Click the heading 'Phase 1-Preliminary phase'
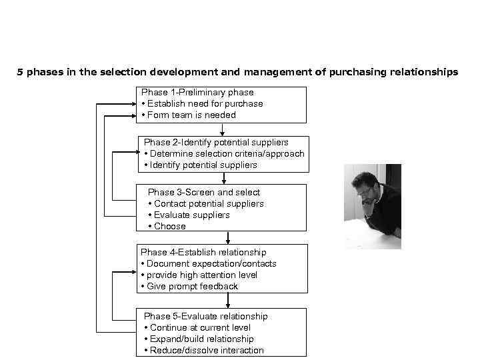pos(197,93)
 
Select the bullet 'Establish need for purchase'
pos(205,104)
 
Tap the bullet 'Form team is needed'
pos(191,115)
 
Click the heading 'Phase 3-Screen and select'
pos(204,193)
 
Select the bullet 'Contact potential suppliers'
pos(209,204)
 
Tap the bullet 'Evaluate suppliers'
pos(191,215)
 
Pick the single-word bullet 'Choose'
pos(170,227)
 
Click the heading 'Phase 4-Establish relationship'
pos(203,253)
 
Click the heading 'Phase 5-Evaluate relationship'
pos(206,317)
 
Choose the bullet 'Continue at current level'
pos(200,328)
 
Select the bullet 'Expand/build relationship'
pos(202,339)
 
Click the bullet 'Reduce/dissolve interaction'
pos(207,351)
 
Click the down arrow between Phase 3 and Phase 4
pos(228,238)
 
